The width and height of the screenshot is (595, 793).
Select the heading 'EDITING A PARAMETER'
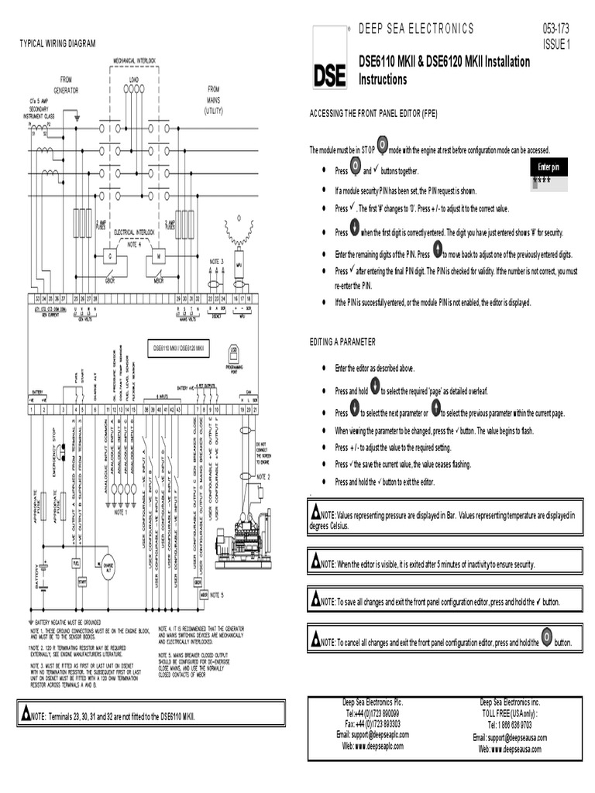pyautogui.click(x=342, y=342)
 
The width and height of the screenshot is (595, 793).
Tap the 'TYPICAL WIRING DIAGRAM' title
pyautogui.click(x=57, y=43)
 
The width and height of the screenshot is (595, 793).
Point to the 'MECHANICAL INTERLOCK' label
pyautogui.click(x=135, y=60)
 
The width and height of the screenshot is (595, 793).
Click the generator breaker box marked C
pyautogui.click(x=110, y=256)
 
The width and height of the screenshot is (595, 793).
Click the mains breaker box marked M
pyautogui.click(x=159, y=256)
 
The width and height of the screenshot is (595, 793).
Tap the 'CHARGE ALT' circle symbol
pyautogui.click(x=108, y=565)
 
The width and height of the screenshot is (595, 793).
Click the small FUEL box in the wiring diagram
pyautogui.click(x=77, y=563)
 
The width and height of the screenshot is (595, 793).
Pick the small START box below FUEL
pyautogui.click(x=81, y=580)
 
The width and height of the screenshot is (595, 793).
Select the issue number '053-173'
pyautogui.click(x=556, y=29)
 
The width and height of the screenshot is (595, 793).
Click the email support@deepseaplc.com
pyautogui.click(x=373, y=734)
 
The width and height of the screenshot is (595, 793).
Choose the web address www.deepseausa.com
pyautogui.click(x=511, y=750)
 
